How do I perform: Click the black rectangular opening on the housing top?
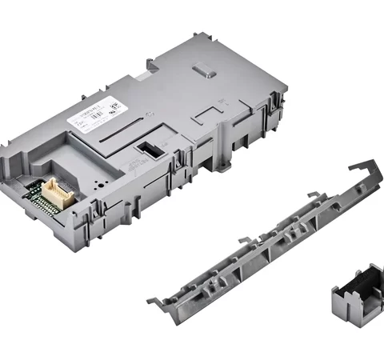click(x=148, y=149)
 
